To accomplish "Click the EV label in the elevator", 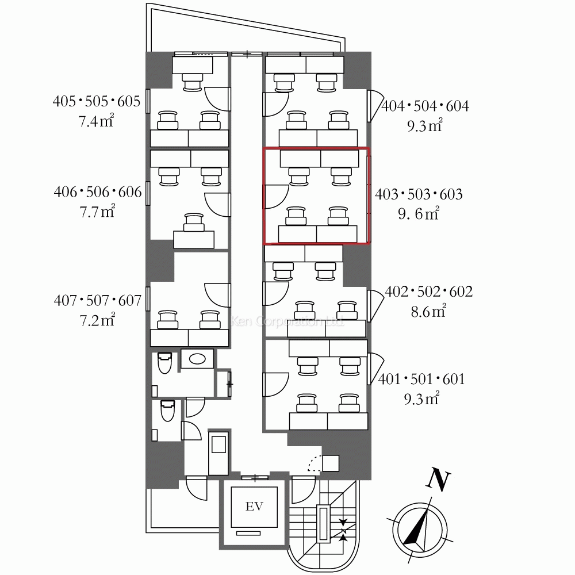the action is click(254, 507).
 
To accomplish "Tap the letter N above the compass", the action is click(438, 480).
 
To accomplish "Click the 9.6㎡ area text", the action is click(419, 213).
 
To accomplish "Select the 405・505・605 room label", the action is click(97, 101).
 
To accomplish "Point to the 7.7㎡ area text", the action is click(97, 211).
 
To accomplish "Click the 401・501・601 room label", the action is click(421, 379).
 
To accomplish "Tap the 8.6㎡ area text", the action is click(428, 311).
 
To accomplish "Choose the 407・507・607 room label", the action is click(98, 301).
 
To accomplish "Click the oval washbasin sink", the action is click(197, 358).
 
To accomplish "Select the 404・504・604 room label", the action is click(425, 106).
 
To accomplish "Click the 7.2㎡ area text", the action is click(97, 320).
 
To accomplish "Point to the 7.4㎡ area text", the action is click(96, 121).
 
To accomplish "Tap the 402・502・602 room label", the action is click(429, 292).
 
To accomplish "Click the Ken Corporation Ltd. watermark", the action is click(287, 321).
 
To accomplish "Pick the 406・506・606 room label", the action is click(98, 192).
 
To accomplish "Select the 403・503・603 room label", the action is click(419, 194).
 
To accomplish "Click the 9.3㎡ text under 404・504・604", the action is click(425, 125).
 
